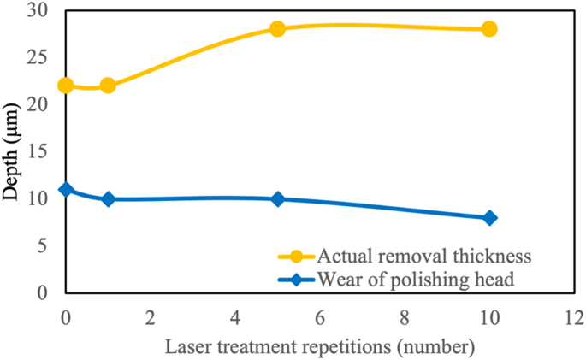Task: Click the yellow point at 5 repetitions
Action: tap(277, 28)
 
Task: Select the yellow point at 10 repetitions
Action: tap(489, 28)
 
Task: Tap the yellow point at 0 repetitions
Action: tap(66, 86)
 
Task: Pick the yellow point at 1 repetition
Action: tap(108, 86)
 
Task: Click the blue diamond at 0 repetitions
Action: tap(66, 189)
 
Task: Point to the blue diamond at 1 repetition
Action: tap(108, 198)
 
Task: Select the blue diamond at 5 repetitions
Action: tap(277, 198)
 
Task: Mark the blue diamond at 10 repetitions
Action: tap(489, 217)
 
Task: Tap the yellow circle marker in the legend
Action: tap(297, 256)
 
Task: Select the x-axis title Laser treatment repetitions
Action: tap(321, 348)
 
